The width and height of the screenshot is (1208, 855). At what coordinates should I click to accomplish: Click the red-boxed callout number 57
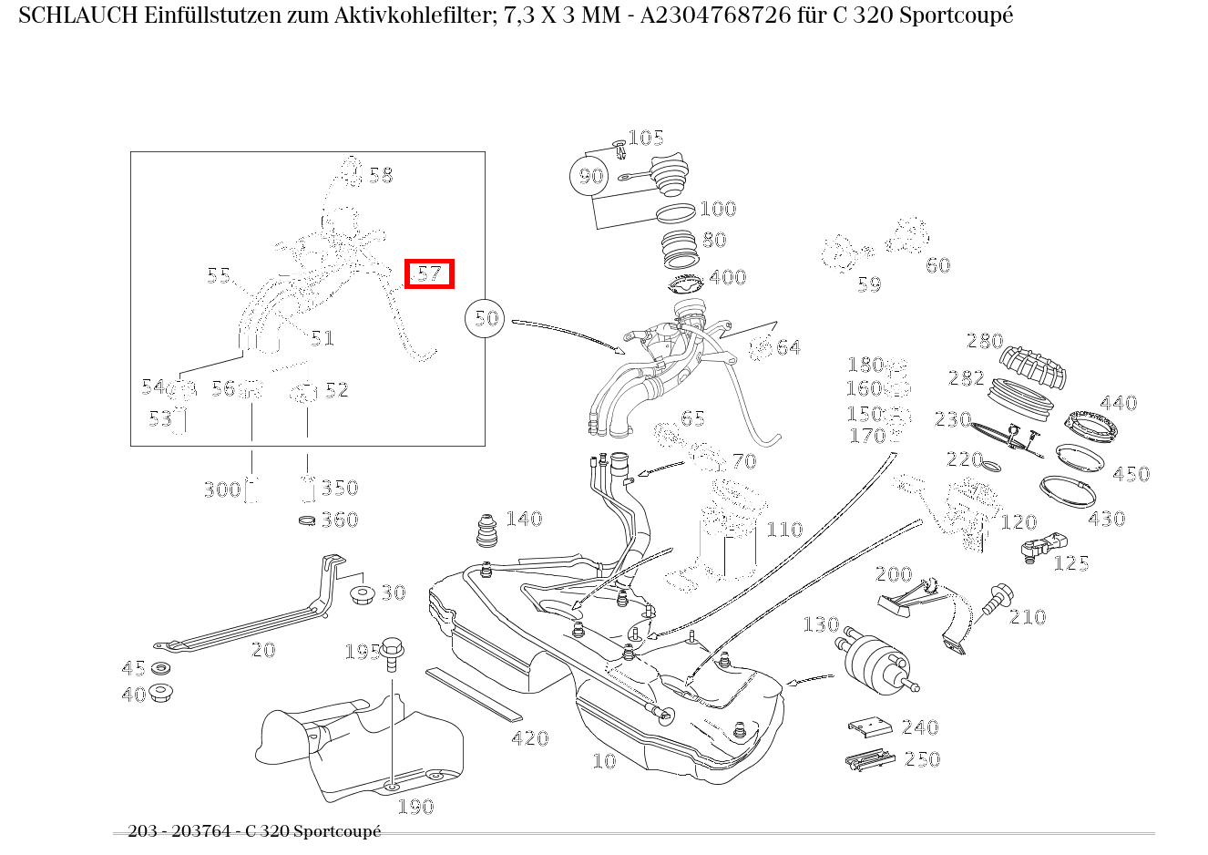point(429,273)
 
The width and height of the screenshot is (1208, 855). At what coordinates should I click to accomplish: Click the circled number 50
point(486,318)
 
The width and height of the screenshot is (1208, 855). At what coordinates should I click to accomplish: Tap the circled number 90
point(590,175)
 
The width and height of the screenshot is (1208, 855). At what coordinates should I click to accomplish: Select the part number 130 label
point(820,624)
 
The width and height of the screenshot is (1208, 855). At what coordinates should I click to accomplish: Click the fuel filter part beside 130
point(875,657)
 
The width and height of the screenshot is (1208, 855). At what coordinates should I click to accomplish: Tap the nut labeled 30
point(363,595)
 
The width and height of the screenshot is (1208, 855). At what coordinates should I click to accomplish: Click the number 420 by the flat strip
point(529,738)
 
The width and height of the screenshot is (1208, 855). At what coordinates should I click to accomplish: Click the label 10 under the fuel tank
point(604,761)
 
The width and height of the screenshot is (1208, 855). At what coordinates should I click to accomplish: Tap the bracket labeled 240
point(871,726)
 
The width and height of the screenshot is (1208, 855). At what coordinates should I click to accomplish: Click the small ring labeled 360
point(307,520)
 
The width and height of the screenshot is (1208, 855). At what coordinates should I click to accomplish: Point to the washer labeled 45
point(161,669)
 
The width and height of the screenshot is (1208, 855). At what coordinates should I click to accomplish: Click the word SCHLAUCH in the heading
point(77,15)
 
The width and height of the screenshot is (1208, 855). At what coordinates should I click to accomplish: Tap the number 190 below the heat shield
point(415,807)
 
